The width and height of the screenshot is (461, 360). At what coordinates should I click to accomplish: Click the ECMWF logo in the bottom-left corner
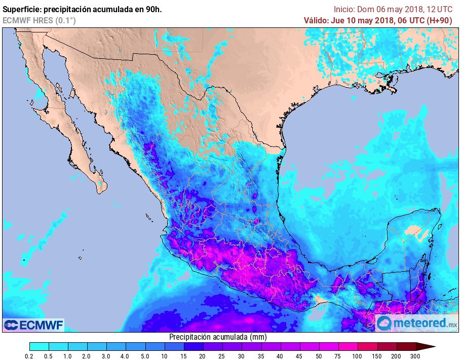(x=33, y=325)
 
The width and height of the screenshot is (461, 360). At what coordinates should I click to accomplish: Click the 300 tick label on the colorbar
(x=415, y=356)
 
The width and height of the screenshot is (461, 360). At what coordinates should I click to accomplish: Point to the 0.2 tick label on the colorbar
(x=29, y=356)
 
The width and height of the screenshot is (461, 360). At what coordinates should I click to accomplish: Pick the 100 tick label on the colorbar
(x=358, y=356)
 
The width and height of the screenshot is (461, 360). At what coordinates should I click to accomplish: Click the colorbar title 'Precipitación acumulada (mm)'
(x=218, y=337)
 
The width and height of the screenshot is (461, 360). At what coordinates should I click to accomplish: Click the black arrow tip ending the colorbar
(x=431, y=347)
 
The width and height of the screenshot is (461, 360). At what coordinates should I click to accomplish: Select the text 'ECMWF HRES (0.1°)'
(x=39, y=20)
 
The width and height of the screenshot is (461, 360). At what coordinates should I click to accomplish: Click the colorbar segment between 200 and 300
(x=406, y=347)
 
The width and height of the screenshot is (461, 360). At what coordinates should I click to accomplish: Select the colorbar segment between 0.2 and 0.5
(x=39, y=347)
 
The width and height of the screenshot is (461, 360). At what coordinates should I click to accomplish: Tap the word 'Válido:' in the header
(x=316, y=20)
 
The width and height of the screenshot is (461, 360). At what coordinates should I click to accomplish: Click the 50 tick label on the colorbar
(x=319, y=356)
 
